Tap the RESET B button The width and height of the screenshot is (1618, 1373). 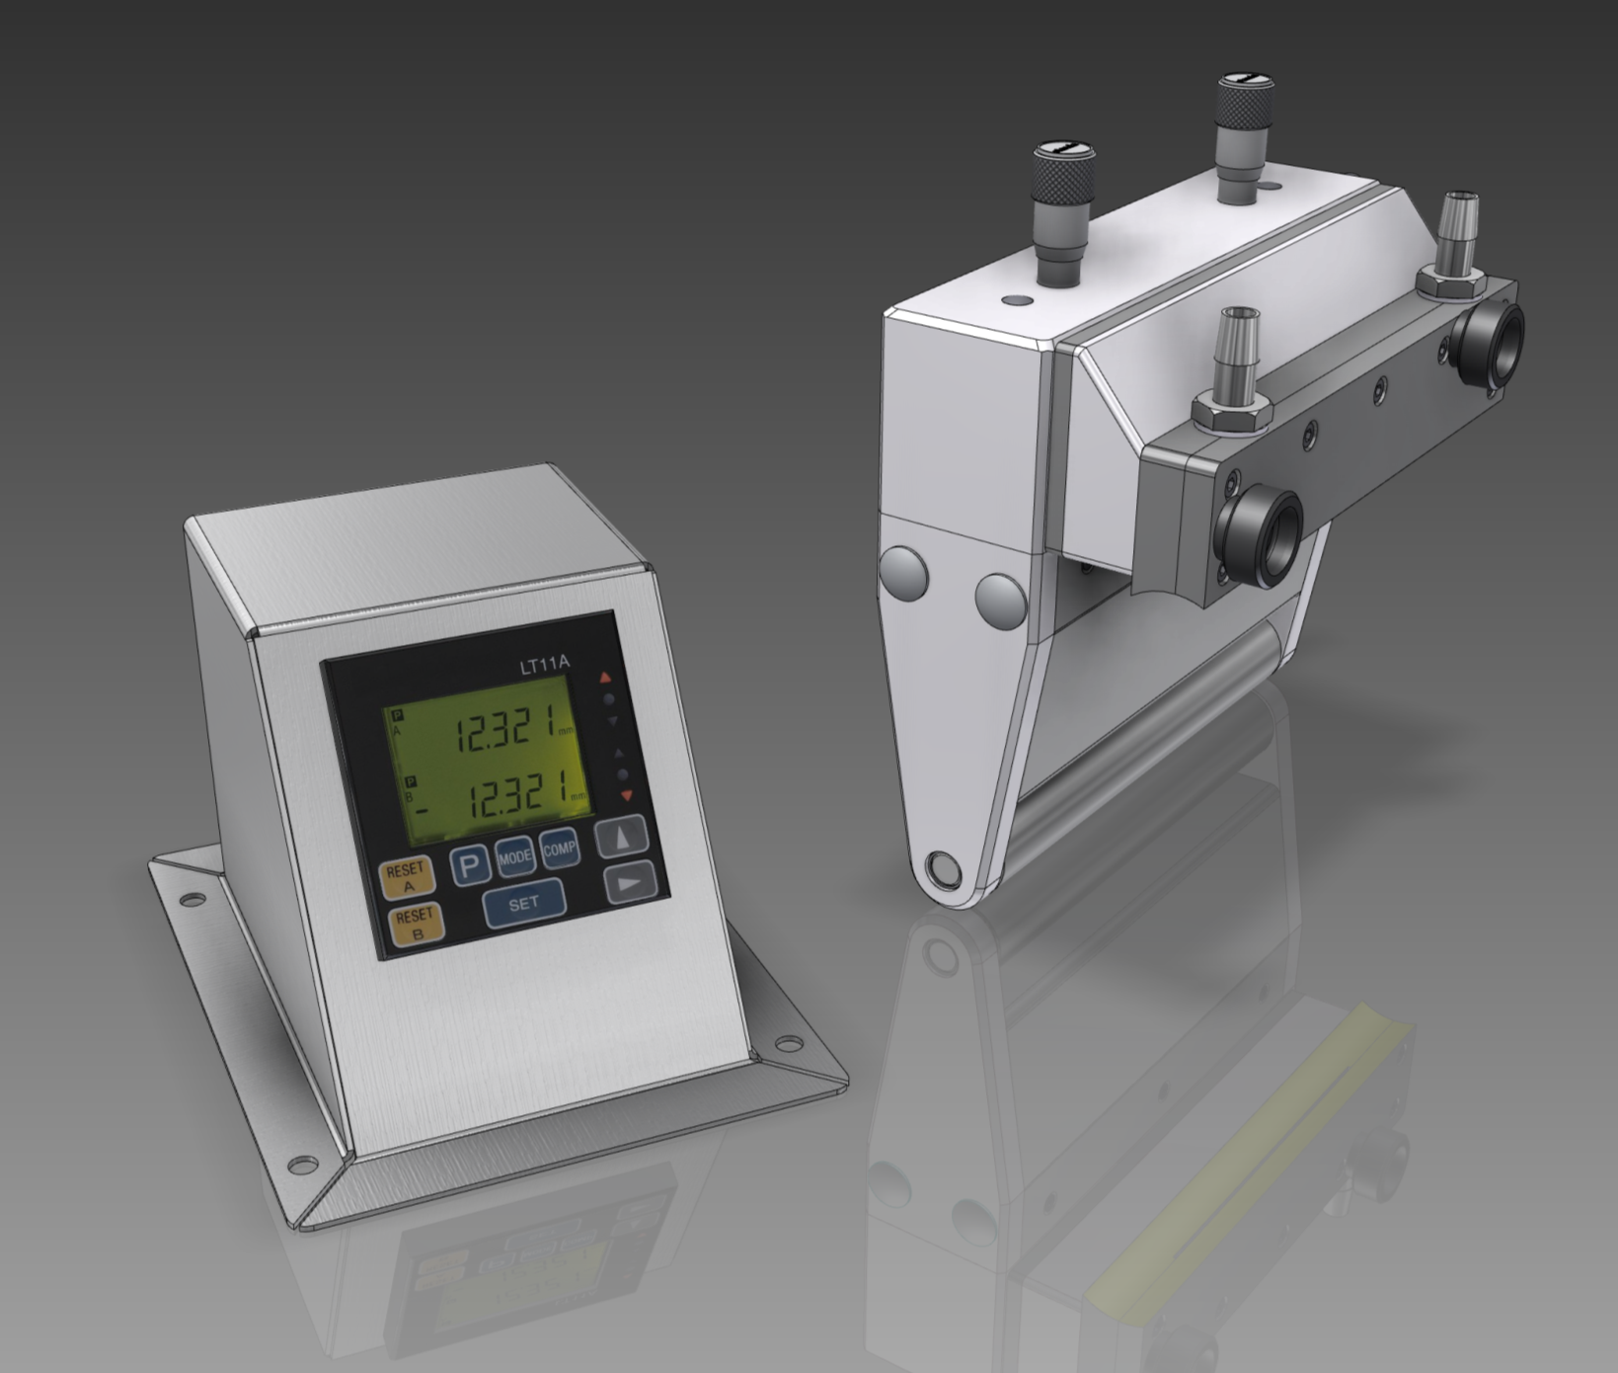coord(416,926)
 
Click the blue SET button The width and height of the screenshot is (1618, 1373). coord(523,903)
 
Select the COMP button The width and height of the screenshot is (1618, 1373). coord(559,848)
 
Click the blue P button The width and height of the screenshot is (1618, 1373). coord(472,866)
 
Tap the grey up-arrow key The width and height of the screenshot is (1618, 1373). coord(623,837)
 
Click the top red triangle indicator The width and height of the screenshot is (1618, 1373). coord(606,679)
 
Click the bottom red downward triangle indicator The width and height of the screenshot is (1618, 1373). coord(625,794)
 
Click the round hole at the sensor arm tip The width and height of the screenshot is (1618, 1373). coord(942,870)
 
